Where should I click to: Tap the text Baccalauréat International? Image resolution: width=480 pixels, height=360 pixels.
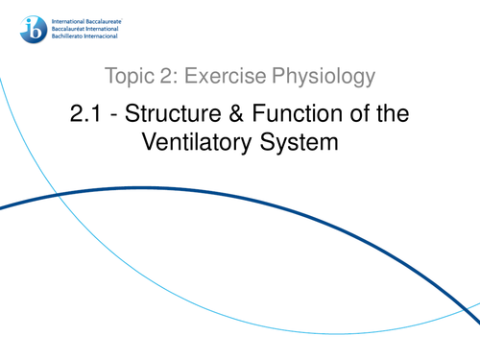(87, 25)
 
